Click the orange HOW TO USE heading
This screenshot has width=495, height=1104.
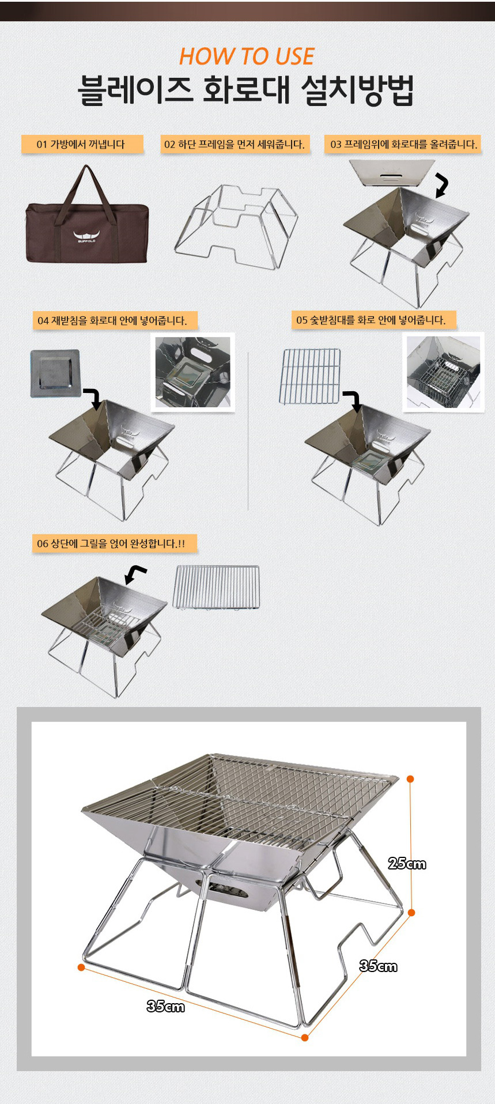(247, 56)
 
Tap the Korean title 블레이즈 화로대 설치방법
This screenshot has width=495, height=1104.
(246, 90)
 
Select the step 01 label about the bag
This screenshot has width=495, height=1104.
(82, 144)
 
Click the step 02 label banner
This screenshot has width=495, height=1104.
(235, 144)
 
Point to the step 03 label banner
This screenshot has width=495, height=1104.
(403, 144)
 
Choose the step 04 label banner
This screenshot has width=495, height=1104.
(112, 320)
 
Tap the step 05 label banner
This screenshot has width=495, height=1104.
(371, 320)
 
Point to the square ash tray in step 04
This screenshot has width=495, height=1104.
(55, 373)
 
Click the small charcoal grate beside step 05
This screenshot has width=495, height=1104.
(310, 376)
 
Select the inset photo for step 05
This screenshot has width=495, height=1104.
(443, 372)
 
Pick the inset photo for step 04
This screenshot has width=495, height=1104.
(192, 372)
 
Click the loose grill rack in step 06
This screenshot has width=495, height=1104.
(216, 587)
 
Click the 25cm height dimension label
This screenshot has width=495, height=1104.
(407, 863)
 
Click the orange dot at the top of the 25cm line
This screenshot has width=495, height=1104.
(410, 779)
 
